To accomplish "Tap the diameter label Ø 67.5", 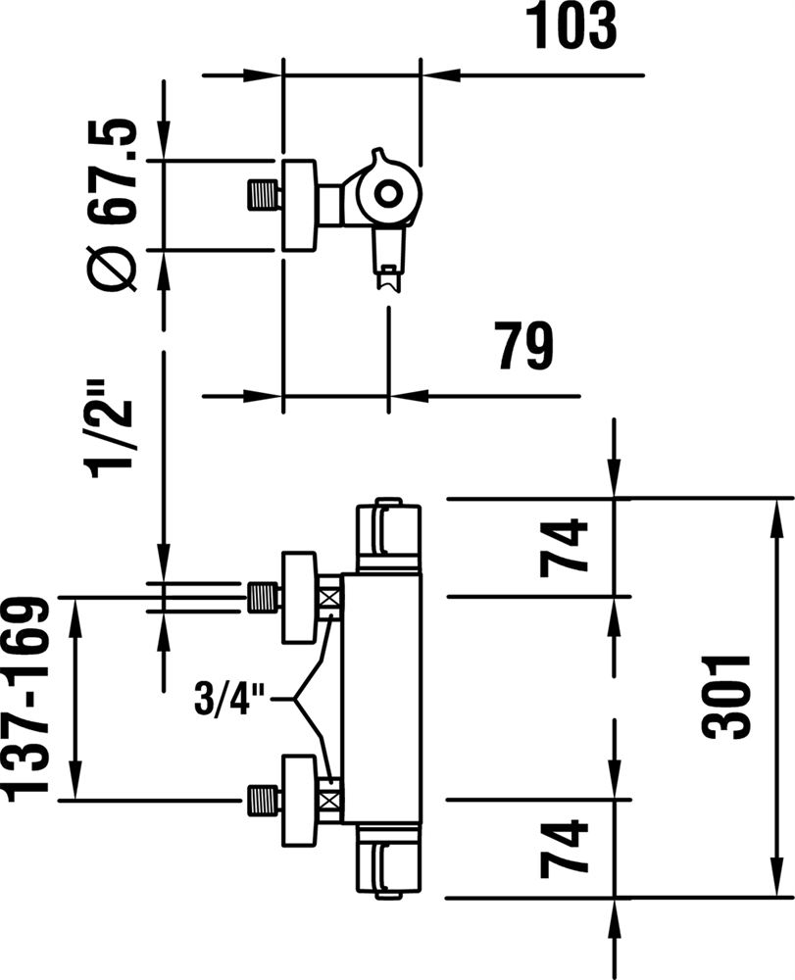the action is [x=113, y=205].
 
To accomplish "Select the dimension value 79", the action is [x=525, y=346].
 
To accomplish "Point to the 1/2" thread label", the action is [x=113, y=428].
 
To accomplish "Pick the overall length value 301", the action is [x=726, y=698].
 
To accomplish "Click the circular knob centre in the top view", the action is [x=389, y=193].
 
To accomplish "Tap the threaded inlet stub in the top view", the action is [x=263, y=194].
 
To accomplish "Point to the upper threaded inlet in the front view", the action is [x=263, y=597].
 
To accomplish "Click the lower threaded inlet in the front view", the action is [x=263, y=800].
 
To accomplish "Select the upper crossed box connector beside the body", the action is [x=331, y=597].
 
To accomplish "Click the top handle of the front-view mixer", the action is [x=388, y=535].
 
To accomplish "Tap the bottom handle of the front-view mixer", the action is [x=388, y=861].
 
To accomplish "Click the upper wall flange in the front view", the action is [x=300, y=598].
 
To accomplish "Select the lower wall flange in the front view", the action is [x=300, y=801].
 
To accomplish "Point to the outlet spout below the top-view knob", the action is [x=389, y=260].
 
